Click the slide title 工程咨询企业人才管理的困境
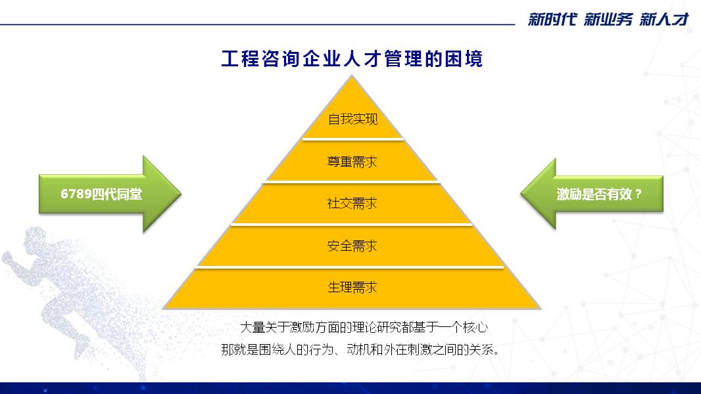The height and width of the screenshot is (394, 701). (352, 59)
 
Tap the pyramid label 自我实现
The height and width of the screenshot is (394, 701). (352, 119)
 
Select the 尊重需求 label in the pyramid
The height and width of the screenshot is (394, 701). (352, 162)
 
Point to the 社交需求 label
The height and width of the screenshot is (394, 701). (352, 204)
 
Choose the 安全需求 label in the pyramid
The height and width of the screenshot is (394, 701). (352, 246)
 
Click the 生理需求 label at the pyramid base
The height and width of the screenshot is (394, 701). (352, 288)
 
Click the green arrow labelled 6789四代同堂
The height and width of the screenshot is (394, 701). (110, 194)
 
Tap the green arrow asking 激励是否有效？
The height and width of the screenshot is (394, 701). (591, 194)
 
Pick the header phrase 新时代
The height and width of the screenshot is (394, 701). (552, 19)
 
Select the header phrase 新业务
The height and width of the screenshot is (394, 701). (608, 19)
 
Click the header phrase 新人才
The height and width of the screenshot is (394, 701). (664, 19)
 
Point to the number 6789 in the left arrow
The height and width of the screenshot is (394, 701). (76, 194)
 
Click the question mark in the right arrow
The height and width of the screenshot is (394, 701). (638, 194)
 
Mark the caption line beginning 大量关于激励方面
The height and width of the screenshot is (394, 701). (364, 328)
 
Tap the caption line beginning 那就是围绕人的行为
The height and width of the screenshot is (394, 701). (360, 349)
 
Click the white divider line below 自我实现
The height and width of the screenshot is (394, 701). (353, 139)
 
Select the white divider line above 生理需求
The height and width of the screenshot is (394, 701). (349, 267)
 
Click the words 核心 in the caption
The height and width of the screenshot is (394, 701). (475, 328)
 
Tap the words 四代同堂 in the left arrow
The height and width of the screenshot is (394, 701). (116, 194)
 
